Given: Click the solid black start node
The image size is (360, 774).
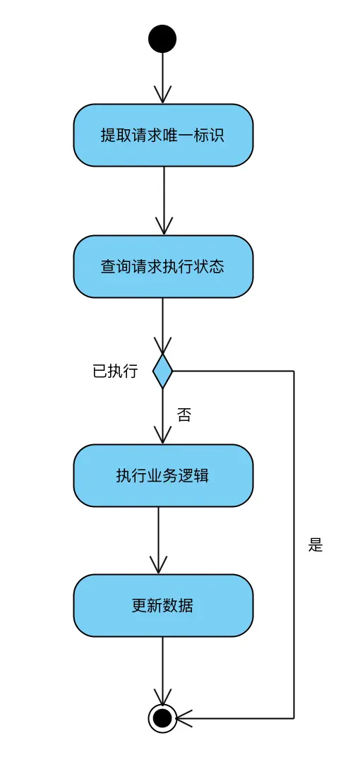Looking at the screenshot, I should tap(162, 39).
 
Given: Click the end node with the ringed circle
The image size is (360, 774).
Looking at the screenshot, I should tap(162, 718).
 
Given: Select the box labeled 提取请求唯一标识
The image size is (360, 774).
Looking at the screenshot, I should tap(163, 135).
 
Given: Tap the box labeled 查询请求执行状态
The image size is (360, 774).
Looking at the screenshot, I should tap(163, 266).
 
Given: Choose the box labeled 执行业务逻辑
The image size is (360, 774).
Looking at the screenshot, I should tap(163, 475).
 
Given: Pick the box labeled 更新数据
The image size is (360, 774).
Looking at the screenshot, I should tap(163, 605).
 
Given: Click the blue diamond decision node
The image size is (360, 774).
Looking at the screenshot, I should tap(162, 371).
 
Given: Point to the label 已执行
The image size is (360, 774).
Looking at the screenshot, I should tap(115, 371).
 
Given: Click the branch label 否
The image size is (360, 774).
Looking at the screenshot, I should tap(184, 415).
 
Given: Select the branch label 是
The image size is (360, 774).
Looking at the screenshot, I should tap(315, 544).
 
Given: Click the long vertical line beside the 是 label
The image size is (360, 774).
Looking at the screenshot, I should tap(294, 544).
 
